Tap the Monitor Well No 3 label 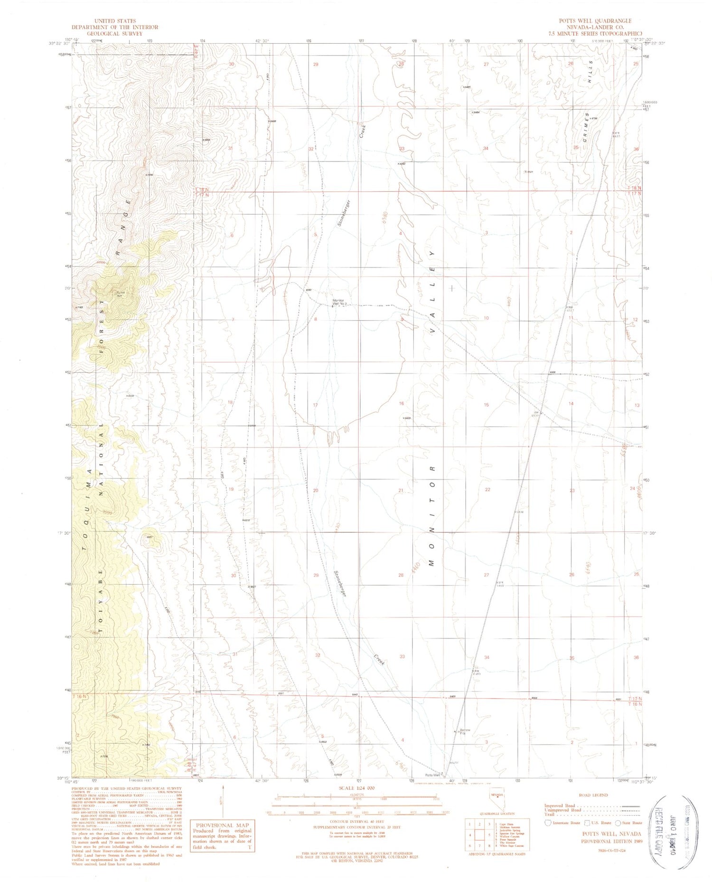point(340,302)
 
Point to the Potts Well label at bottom point(432,775)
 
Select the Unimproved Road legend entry point(560,810)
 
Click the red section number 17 point(315,405)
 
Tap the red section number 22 point(487,489)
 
